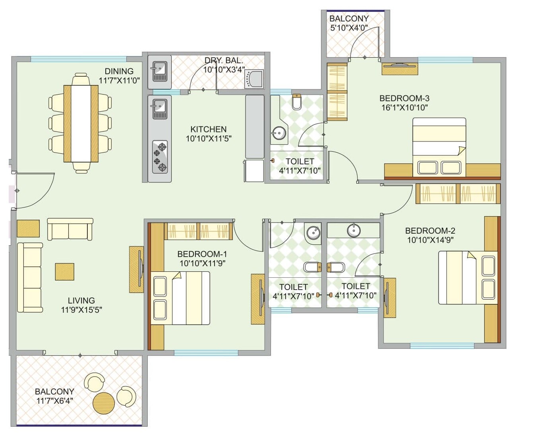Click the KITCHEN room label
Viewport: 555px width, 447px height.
pyautogui.click(x=208, y=130)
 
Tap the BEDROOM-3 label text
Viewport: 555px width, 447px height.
pyautogui.click(x=404, y=98)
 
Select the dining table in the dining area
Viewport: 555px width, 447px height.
pyautogui.click(x=81, y=124)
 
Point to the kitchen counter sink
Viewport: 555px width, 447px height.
pyautogui.click(x=160, y=107)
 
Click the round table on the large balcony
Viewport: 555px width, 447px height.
pyautogui.click(x=104, y=403)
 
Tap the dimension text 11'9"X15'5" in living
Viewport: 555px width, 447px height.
pyautogui.click(x=81, y=310)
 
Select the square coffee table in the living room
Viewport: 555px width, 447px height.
pyautogui.click(x=64, y=272)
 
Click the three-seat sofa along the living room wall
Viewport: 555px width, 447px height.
pyautogui.click(x=30, y=278)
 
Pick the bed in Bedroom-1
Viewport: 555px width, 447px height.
pyautogui.click(x=181, y=298)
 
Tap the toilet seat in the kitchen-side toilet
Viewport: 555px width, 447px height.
pyautogui.click(x=297, y=102)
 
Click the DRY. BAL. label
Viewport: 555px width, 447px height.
pyautogui.click(x=224, y=60)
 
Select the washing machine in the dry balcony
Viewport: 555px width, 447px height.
pyautogui.click(x=254, y=79)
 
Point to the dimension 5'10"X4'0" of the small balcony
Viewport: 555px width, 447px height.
pyautogui.click(x=349, y=28)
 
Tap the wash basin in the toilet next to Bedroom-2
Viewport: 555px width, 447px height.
pyautogui.click(x=354, y=230)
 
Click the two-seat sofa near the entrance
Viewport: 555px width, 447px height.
pyautogui.click(x=70, y=229)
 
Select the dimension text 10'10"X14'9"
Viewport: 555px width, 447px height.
pyautogui.click(x=430, y=240)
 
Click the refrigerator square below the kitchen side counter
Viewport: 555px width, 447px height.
pyautogui.click(x=254, y=170)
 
